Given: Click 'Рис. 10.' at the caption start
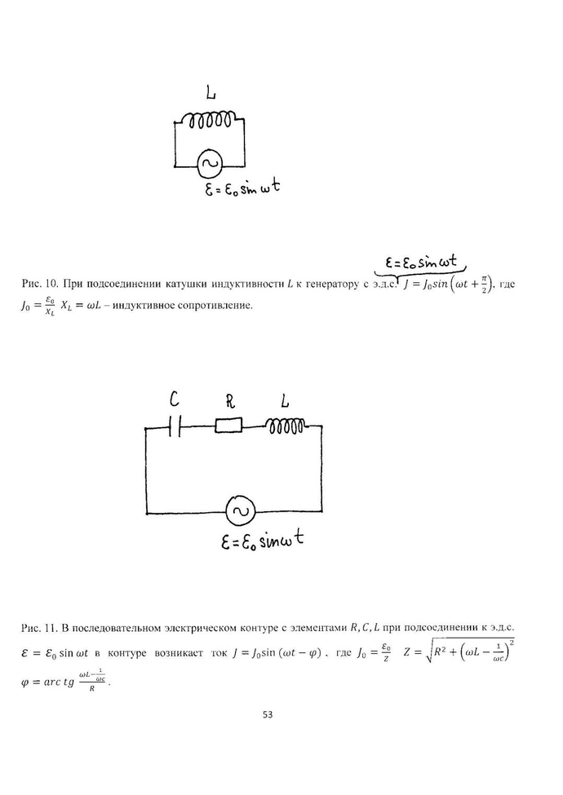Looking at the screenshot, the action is pos(39,285).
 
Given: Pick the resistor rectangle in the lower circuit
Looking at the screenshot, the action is pos(228,425).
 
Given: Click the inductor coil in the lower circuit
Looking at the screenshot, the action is pos(285,425).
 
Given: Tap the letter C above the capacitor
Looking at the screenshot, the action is pos(174,399).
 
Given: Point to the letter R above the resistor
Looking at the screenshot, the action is pos(230,400).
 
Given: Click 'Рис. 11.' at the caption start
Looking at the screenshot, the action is pos(39,628).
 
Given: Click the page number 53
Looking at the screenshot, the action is pos(268,715).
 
